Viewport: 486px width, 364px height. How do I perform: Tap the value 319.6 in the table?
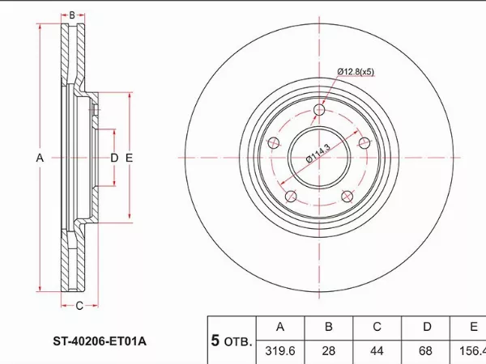(279, 352)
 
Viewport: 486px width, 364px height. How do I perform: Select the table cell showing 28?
(329, 352)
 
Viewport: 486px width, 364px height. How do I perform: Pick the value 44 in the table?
(377, 352)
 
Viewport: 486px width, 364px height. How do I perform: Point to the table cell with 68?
(426, 352)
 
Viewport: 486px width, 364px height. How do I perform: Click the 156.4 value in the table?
(471, 352)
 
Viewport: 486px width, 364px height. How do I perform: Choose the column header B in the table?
(329, 327)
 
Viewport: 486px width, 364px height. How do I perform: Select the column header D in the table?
(426, 327)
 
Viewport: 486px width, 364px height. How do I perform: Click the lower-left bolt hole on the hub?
(290, 195)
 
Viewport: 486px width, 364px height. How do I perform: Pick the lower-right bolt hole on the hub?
(347, 195)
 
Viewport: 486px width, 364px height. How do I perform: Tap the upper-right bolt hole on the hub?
(364, 142)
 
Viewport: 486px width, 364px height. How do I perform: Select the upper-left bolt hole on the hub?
(274, 142)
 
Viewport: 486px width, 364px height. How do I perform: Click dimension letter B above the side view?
(72, 15)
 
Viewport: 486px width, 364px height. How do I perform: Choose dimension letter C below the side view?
(79, 306)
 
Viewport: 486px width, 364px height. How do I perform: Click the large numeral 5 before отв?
(215, 341)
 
